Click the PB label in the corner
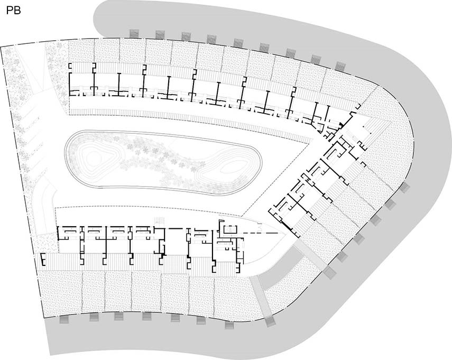13,11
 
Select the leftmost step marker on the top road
134,33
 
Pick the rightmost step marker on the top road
340,66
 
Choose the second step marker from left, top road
160,34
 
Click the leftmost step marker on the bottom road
64,319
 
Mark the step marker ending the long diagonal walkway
270,321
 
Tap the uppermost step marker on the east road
405,188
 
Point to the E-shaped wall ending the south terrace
43,259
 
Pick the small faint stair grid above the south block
159,221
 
